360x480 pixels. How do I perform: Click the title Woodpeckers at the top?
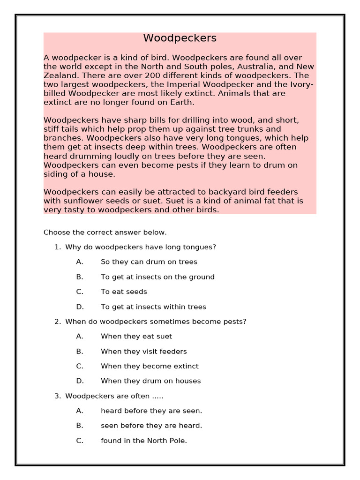coord(180,38)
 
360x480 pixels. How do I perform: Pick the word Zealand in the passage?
coord(60,75)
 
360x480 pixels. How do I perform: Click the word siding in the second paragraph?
coord(56,174)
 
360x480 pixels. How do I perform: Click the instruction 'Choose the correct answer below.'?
coord(105,232)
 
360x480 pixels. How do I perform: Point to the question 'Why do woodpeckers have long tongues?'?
coord(141,247)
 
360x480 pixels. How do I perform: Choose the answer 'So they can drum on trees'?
coord(149,262)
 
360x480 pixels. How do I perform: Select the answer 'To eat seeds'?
coord(124,292)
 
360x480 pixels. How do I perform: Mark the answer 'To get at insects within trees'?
coord(153,307)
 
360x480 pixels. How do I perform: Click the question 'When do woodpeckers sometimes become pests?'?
coord(156,322)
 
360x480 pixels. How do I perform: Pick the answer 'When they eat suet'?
coord(136,337)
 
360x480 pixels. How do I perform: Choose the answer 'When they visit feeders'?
coord(143,352)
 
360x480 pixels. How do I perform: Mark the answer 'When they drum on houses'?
coord(150,381)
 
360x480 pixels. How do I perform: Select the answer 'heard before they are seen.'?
coord(151,411)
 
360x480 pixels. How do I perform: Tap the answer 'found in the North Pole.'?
coord(144,441)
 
